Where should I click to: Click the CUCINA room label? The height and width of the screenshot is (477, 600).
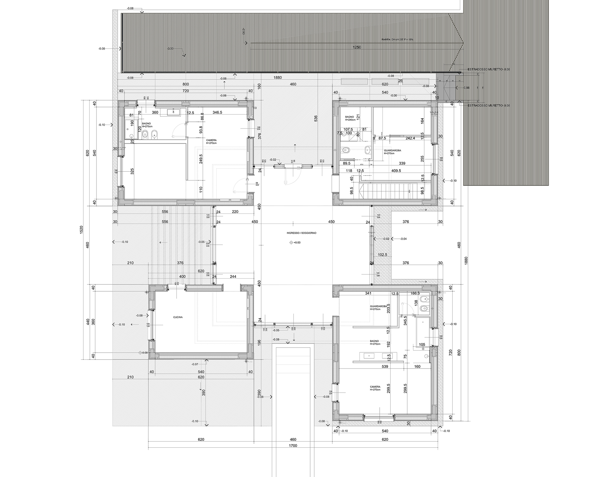tap(178, 317)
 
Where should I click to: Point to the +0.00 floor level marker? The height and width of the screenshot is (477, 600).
tap(297, 243)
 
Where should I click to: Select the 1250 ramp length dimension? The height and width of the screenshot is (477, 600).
tap(357, 47)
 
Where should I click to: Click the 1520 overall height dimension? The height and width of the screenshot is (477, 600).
tap(81, 229)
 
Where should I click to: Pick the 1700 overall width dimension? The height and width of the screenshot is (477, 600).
tap(293, 446)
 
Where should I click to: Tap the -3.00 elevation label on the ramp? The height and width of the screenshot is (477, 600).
tap(170, 49)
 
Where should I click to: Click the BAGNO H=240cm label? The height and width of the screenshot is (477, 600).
tap(350, 119)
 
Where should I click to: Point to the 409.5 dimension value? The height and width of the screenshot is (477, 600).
tap(396, 171)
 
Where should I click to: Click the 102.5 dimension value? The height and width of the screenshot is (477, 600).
tap(382, 255)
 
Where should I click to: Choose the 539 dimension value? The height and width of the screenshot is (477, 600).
tap(384, 367)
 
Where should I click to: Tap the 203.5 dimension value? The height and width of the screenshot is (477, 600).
tap(389, 308)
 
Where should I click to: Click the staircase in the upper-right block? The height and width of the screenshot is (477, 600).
tap(387, 190)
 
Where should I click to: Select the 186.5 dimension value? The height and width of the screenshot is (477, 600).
tap(415, 294)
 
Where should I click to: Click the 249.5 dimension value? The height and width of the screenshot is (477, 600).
tap(201, 158)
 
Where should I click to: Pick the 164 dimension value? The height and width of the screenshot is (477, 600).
tap(422, 121)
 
